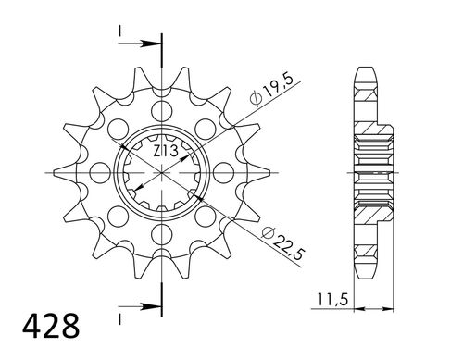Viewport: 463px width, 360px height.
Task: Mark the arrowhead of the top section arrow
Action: [154, 42]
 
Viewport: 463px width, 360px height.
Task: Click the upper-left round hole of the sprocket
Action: [118, 127]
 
